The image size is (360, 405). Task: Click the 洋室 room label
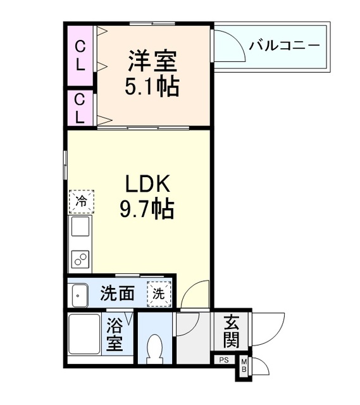pyautogui.click(x=152, y=61)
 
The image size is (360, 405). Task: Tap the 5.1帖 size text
pyautogui.click(x=152, y=85)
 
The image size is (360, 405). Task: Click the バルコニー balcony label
pyautogui.click(x=284, y=46)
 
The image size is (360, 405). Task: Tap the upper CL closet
pyautogui.click(x=81, y=56)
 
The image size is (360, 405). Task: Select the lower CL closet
pyautogui.click(x=80, y=108)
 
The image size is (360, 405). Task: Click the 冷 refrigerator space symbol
pyautogui.click(x=81, y=202)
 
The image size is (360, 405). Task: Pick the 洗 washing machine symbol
pyautogui.click(x=158, y=294)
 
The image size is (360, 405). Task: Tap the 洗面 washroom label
pyautogui.click(x=118, y=294)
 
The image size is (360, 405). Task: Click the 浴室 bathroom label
pyautogui.click(x=115, y=335)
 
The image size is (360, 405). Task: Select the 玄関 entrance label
pyautogui.click(x=231, y=332)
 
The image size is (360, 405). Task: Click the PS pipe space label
pyautogui.click(x=223, y=360)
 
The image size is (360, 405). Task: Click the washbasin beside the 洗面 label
pyautogui.click(x=80, y=294)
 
